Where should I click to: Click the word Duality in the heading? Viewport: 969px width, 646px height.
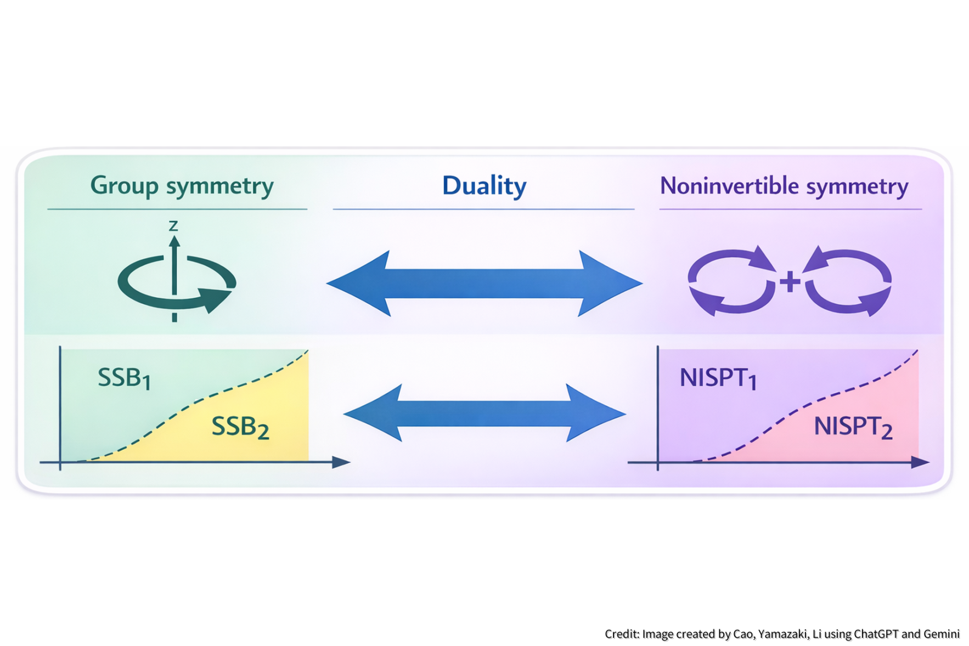pyautogui.click(x=484, y=185)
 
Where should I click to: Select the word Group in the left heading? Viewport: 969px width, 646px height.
pyautogui.click(x=125, y=185)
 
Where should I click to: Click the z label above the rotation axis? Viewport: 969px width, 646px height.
pyautogui.click(x=173, y=225)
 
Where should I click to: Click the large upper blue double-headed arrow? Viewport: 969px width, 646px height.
pyautogui.click(x=484, y=284)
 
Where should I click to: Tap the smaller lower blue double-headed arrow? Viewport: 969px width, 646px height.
pyautogui.click(x=484, y=413)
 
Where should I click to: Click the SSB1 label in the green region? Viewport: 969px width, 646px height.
pyautogui.click(x=124, y=378)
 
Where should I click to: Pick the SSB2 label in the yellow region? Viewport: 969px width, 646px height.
pyautogui.click(x=240, y=427)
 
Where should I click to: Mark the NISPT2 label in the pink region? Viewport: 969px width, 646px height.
pyautogui.click(x=853, y=427)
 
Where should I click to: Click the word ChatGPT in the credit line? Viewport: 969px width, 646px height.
pyautogui.click(x=876, y=634)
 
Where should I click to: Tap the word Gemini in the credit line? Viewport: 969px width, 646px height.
pyautogui.click(x=942, y=634)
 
